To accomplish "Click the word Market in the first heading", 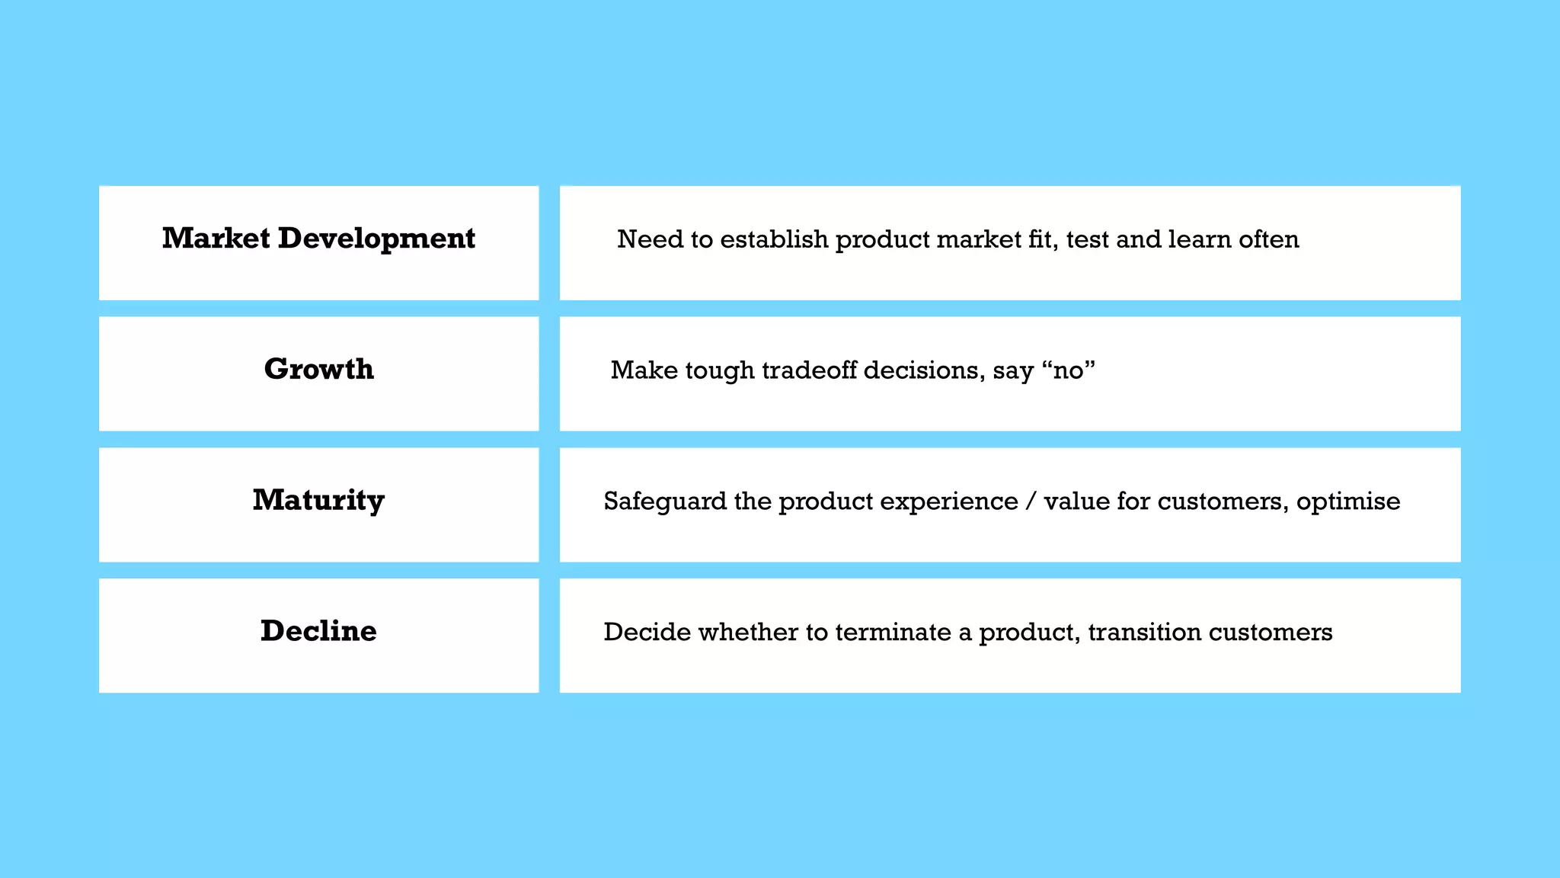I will point(216,239).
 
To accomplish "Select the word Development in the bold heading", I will point(376,239).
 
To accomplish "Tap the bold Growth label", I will point(319,370).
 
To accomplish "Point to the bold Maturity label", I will point(318,501).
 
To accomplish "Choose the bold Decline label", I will point(318,631).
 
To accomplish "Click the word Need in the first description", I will point(650,239).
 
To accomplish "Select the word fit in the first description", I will point(1041,239).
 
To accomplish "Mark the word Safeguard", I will point(665,501).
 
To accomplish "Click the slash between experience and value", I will point(1031,501).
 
